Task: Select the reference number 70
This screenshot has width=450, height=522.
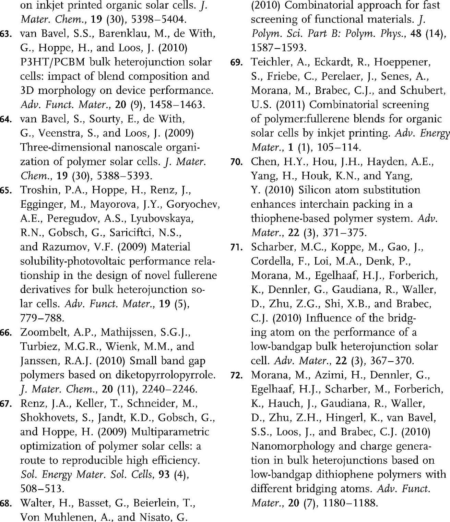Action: pos(236,161)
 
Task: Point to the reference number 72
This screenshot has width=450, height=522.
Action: pos(236,375)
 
